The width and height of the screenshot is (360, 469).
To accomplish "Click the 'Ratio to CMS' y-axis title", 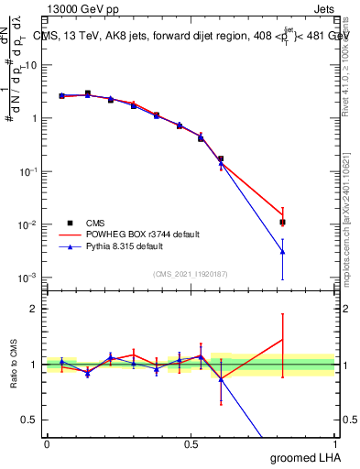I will [x=13, y=364].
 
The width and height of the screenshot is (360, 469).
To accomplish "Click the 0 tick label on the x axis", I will [x=47, y=443].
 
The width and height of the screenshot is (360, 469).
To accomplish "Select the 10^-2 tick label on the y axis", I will [x=29, y=224].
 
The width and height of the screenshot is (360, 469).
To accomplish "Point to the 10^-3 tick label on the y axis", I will [x=29, y=278].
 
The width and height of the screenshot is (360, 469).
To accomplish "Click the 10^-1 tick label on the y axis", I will [x=29, y=171].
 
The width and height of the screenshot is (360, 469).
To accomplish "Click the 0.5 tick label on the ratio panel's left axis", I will [x=33, y=420].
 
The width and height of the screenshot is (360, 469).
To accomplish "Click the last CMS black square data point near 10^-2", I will [x=283, y=222].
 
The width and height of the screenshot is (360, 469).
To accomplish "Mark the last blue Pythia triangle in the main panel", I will [x=283, y=251].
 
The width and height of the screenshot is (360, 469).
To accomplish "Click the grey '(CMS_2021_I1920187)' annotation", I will [x=190, y=273].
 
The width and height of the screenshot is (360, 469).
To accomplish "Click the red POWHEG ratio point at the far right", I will [x=283, y=340].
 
